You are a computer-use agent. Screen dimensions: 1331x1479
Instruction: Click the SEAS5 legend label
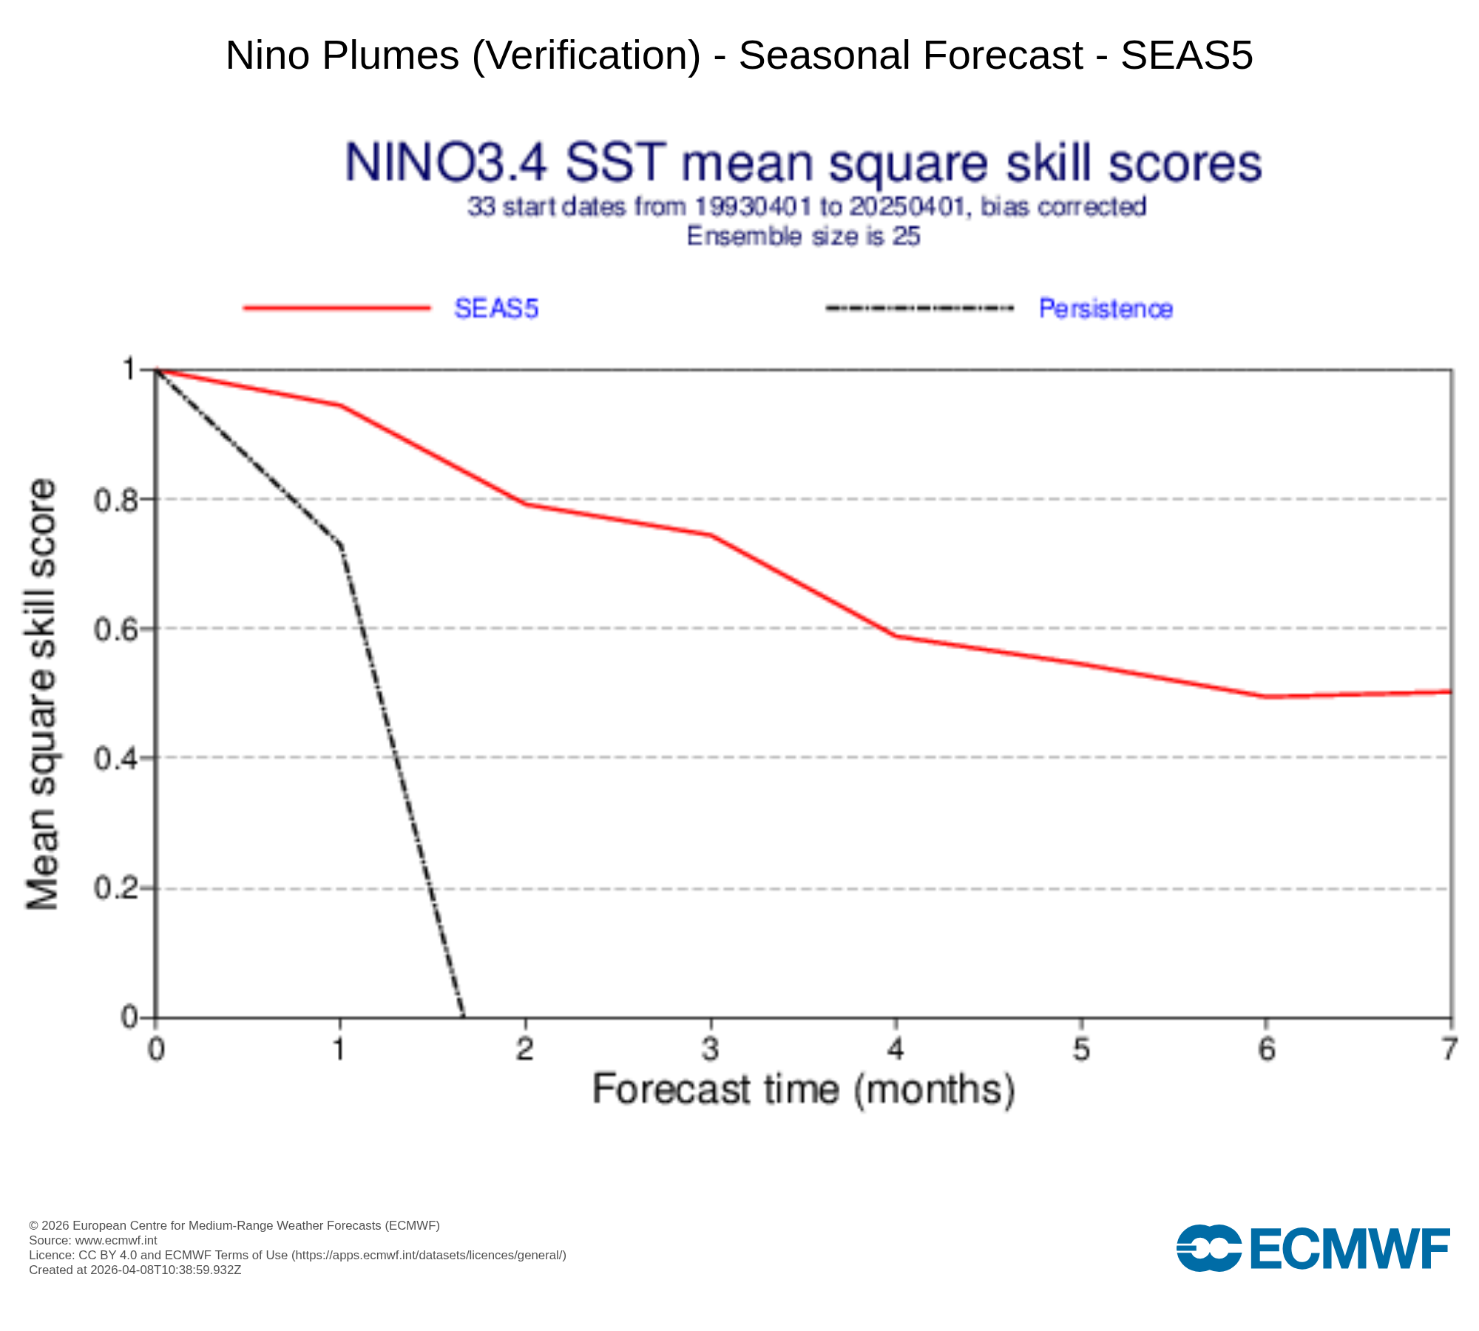[496, 308]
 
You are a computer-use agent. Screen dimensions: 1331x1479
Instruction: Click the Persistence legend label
[1105, 308]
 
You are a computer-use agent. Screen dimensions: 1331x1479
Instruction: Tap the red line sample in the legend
[336, 308]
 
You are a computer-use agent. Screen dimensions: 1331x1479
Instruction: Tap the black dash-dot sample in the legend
[919, 308]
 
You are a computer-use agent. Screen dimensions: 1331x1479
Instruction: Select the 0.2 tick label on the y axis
[117, 888]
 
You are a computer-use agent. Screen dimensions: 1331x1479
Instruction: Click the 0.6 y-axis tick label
[117, 629]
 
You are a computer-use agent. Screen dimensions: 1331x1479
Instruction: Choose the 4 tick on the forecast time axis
[896, 1049]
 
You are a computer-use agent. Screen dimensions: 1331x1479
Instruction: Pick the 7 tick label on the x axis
[1450, 1049]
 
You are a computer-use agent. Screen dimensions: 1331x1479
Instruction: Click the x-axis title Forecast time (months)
[803, 1090]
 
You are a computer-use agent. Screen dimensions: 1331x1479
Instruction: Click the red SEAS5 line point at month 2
[526, 504]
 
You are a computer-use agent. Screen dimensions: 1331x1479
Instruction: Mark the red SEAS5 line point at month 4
[896, 636]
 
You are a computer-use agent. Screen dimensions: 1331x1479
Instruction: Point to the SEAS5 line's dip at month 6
[1266, 697]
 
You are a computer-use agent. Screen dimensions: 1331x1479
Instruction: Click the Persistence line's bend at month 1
[341, 546]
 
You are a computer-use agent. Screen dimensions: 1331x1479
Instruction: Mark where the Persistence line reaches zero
[464, 1017]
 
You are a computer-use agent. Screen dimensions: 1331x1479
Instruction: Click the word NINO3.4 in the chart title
[446, 163]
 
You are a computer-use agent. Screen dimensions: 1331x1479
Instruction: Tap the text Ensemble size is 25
[803, 237]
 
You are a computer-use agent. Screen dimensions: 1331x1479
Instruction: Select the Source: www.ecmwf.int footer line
[93, 1241]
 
